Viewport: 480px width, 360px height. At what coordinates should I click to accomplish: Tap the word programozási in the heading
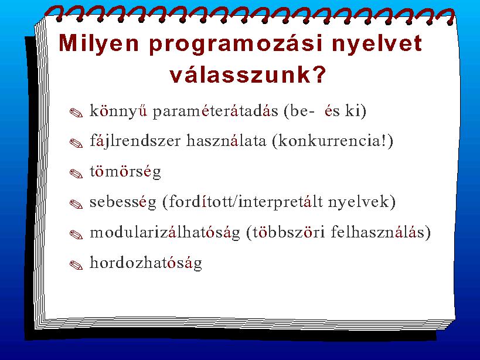point(236,45)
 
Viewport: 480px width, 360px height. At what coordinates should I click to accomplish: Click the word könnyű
point(118,111)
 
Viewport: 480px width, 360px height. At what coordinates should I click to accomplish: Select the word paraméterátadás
point(216,111)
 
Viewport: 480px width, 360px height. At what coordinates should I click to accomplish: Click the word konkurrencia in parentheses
point(330,141)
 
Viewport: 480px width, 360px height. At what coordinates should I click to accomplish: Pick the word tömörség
point(125,172)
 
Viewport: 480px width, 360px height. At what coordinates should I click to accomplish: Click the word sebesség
point(122,202)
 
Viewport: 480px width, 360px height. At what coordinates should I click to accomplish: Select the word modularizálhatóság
point(165,233)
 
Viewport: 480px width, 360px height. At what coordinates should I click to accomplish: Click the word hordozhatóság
point(146,263)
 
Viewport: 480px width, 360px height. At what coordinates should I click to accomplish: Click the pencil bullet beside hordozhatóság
point(76,265)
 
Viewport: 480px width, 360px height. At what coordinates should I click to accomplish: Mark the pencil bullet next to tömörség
point(76,174)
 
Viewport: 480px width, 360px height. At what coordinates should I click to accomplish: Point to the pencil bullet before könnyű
point(76,113)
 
